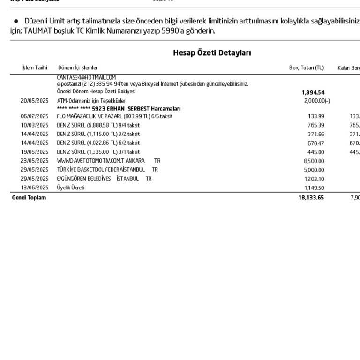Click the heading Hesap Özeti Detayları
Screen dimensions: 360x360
[212, 52]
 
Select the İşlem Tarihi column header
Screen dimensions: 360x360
[35, 68]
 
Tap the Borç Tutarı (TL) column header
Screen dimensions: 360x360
[306, 68]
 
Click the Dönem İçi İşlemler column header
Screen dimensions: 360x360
[78, 68]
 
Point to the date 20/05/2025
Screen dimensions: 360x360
[34, 101]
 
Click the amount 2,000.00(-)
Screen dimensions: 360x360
[317, 101]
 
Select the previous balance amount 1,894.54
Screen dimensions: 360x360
[313, 92]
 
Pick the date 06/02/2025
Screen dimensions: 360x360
[34, 116]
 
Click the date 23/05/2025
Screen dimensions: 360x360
[34, 161]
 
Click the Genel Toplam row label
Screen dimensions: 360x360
[29, 197]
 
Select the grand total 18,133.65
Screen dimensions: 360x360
[311, 197]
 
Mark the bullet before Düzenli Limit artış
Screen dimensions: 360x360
[16, 22]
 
